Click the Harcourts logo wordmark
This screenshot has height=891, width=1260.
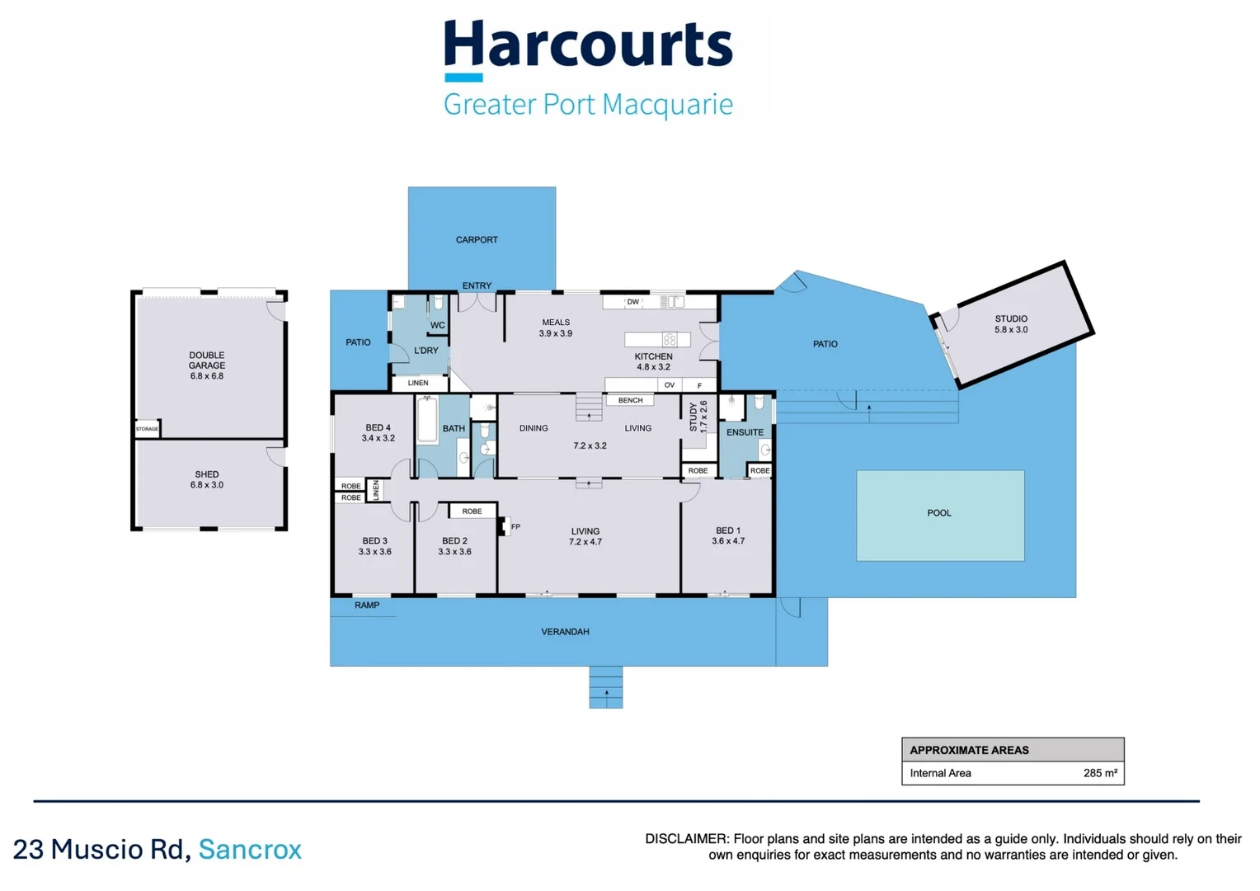[588, 45]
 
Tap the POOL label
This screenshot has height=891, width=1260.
[939, 513]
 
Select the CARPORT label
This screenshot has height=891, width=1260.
[477, 240]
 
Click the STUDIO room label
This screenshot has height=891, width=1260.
[1011, 323]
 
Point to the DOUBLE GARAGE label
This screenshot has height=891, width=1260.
[206, 365]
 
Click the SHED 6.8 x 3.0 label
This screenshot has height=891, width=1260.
[206, 479]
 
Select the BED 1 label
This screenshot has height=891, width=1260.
[728, 535]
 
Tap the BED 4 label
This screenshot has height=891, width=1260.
[378, 432]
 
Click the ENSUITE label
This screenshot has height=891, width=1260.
[745, 432]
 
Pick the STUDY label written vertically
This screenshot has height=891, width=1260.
[698, 417]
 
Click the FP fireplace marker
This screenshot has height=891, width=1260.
[515, 526]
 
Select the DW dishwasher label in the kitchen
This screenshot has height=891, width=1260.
[632, 302]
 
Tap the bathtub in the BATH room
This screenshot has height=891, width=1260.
[427, 420]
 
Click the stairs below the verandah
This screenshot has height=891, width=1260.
[606, 687]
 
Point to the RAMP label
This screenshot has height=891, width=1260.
[367, 606]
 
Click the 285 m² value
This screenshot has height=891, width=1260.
[1100, 773]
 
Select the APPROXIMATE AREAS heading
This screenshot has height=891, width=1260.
[969, 750]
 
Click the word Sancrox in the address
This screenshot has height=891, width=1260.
[250, 849]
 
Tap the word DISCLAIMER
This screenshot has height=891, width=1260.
[686, 839]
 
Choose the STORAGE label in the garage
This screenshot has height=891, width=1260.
[147, 429]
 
